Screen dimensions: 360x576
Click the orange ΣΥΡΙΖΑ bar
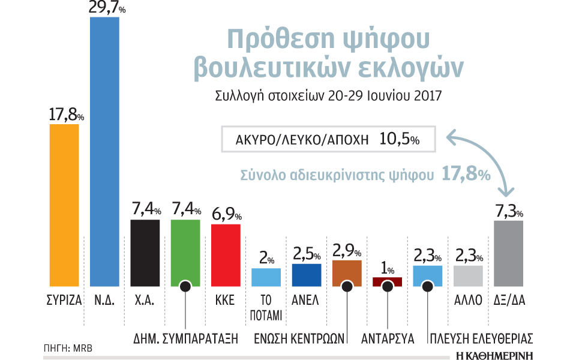tap(64, 204)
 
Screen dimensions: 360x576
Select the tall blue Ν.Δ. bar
tap(104, 150)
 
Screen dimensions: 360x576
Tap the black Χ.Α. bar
tap(145, 252)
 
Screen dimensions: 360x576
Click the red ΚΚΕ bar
tap(226, 254)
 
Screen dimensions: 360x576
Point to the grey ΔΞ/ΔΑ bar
tap(508, 252)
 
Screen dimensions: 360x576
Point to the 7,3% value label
tap(508, 211)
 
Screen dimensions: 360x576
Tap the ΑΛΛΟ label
tap(468, 300)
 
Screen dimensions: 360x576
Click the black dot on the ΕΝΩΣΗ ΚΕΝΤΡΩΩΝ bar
tap(347, 286)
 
